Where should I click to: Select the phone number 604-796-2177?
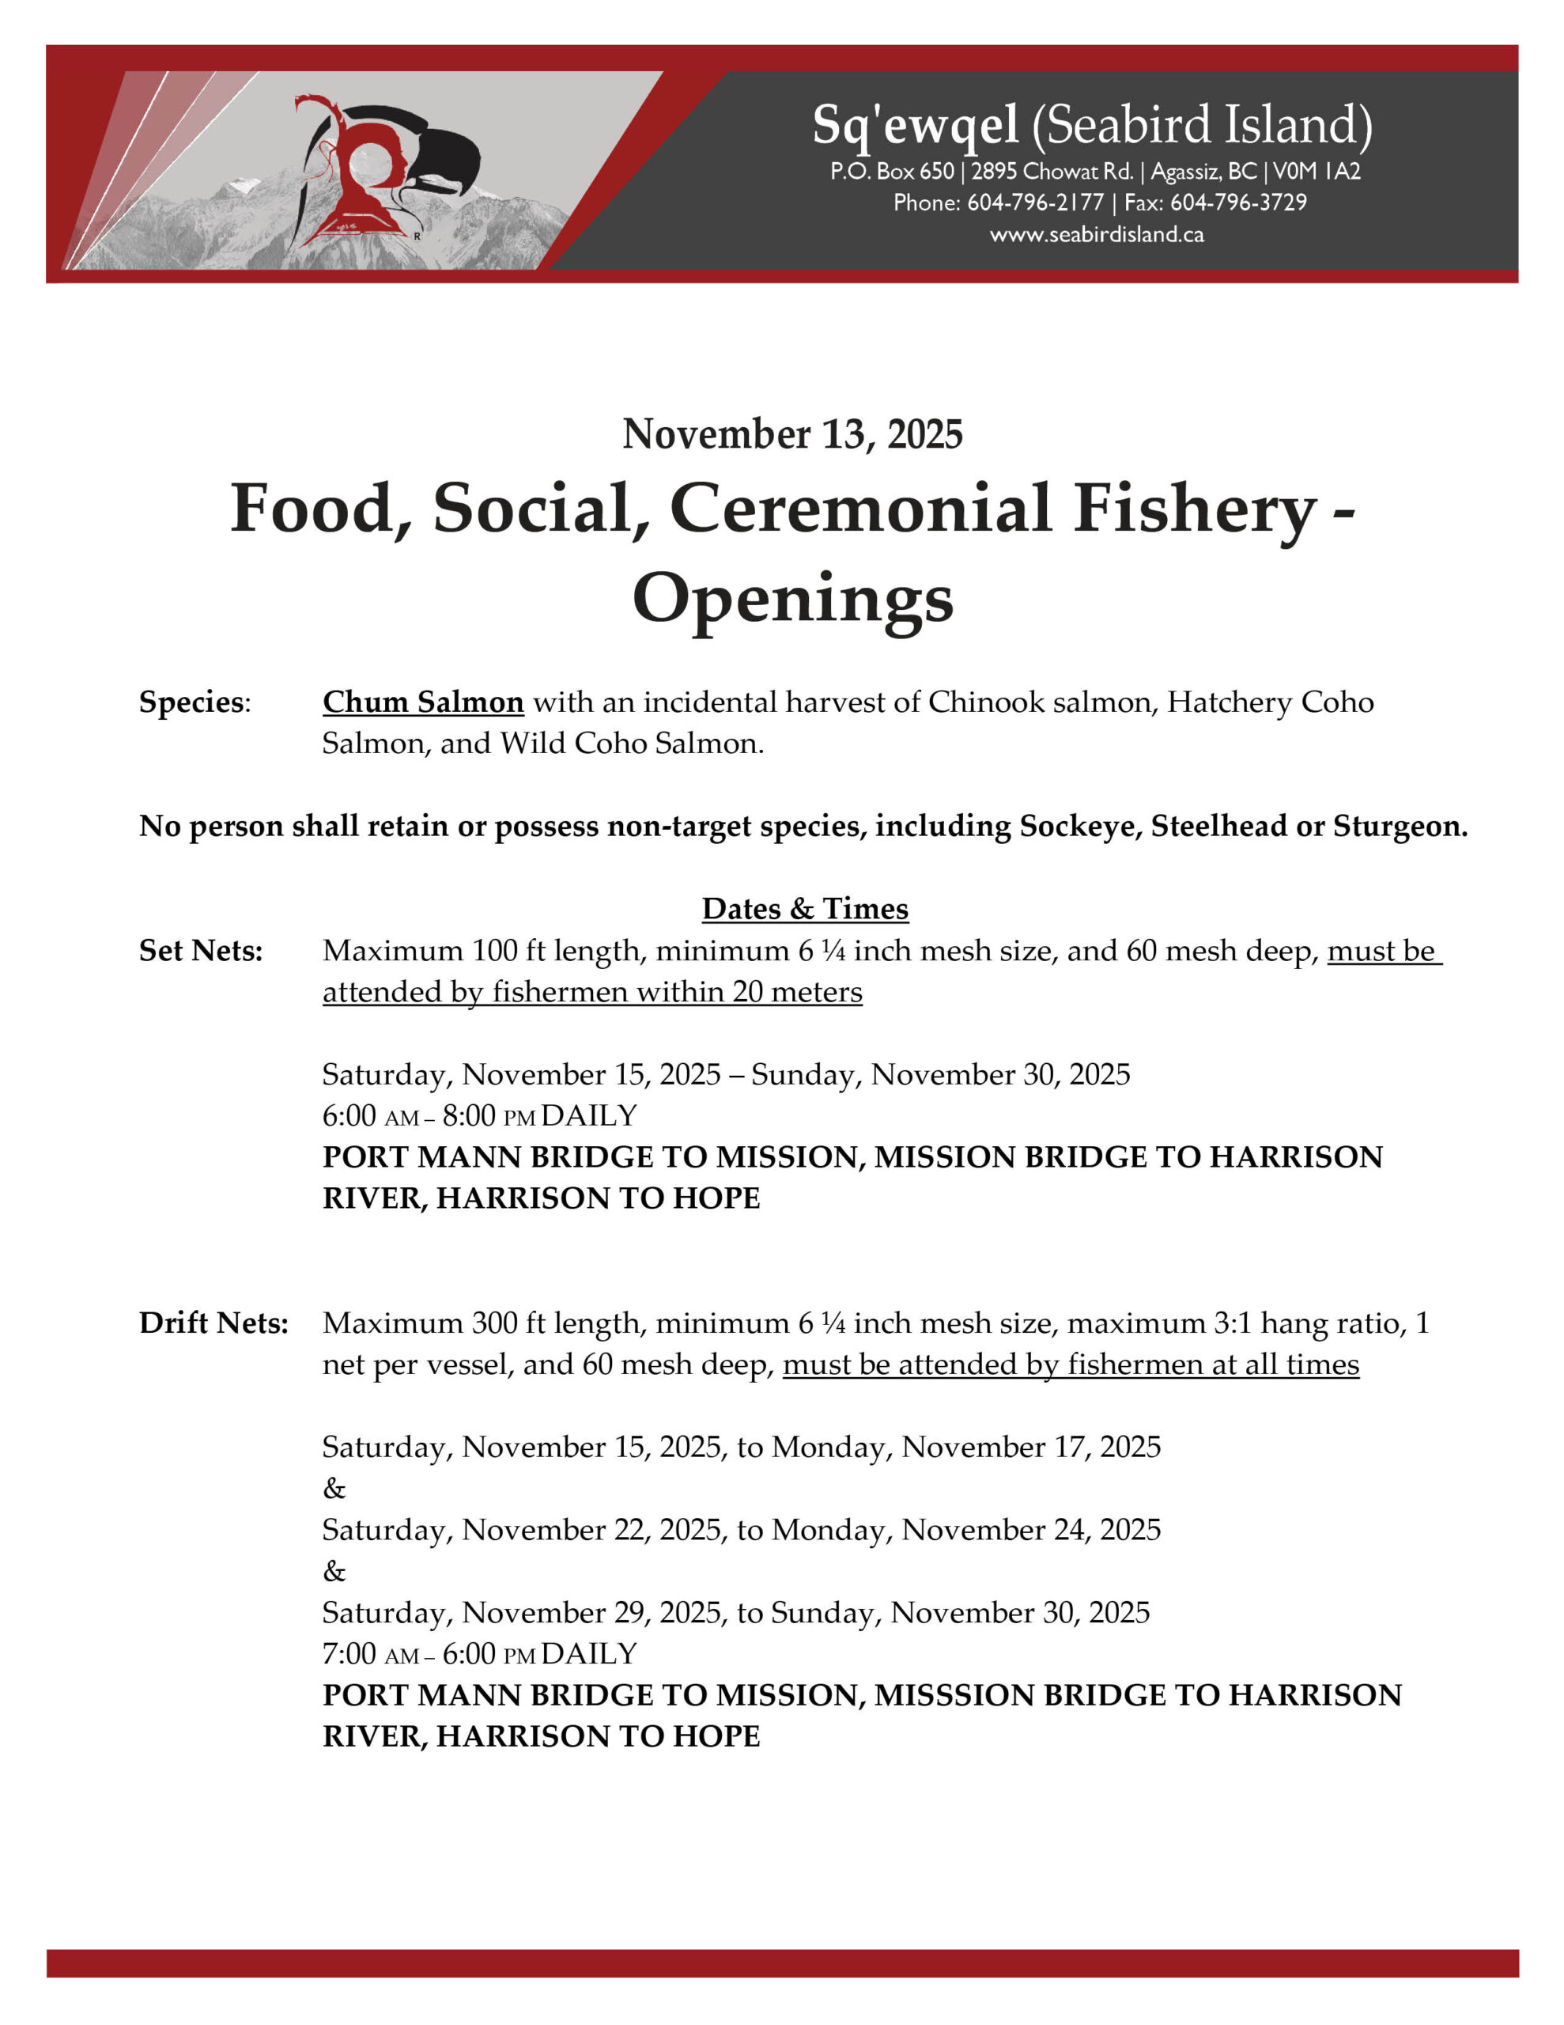[1035, 202]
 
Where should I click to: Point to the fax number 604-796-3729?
[1237, 202]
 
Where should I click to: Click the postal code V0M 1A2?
[1317, 172]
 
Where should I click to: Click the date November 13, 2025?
[792, 434]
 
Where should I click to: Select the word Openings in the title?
[792, 598]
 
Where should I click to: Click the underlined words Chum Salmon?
[423, 702]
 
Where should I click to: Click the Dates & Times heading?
[805, 909]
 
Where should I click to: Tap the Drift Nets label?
[213, 1323]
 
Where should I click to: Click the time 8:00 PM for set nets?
[489, 1115]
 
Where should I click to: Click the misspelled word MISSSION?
[954, 1695]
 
